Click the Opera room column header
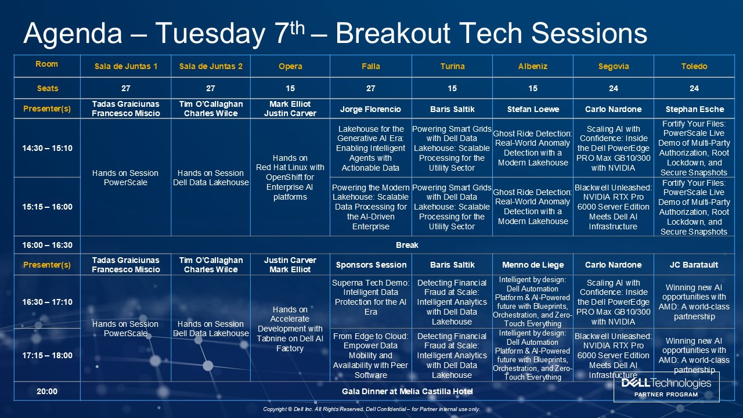[290, 66]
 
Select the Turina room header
[452, 66]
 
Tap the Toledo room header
[694, 66]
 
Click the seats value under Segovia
[614, 88]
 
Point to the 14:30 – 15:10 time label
[47, 148]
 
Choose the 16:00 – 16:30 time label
[47, 245]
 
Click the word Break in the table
[407, 245]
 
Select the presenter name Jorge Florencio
[370, 109]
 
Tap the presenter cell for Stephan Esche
[695, 109]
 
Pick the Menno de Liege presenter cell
[533, 265]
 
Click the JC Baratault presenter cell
[694, 265]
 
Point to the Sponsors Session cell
[371, 265]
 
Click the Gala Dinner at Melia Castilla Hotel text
[407, 391]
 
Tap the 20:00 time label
[47, 391]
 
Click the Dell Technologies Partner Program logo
[666, 387]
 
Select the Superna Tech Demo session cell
[370, 297]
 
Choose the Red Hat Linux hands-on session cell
[290, 177]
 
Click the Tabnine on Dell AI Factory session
[290, 329]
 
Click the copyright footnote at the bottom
[371, 409]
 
